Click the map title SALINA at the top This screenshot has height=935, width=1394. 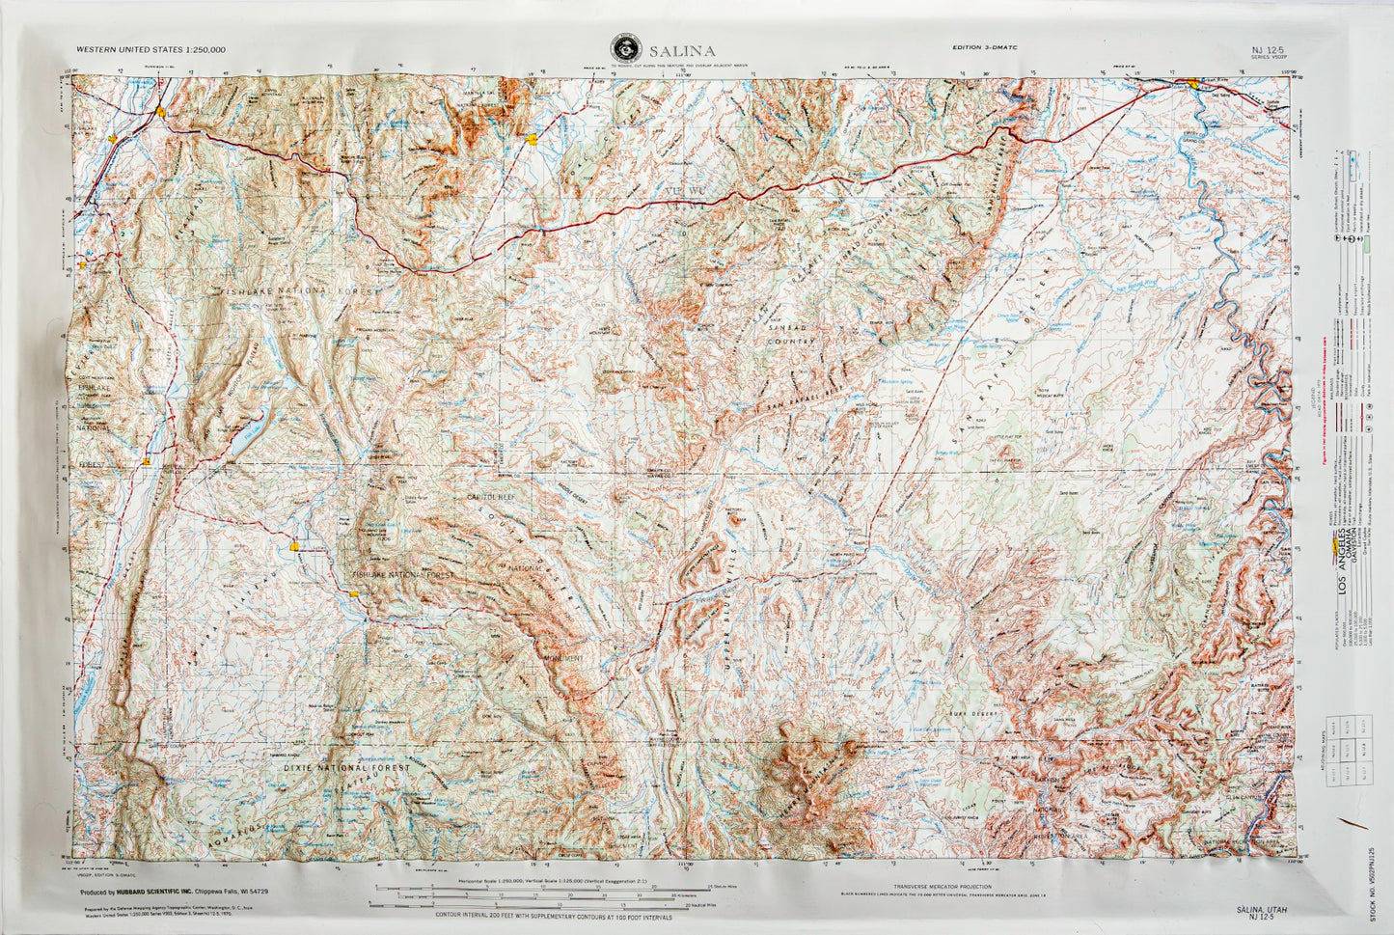coord(682,51)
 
